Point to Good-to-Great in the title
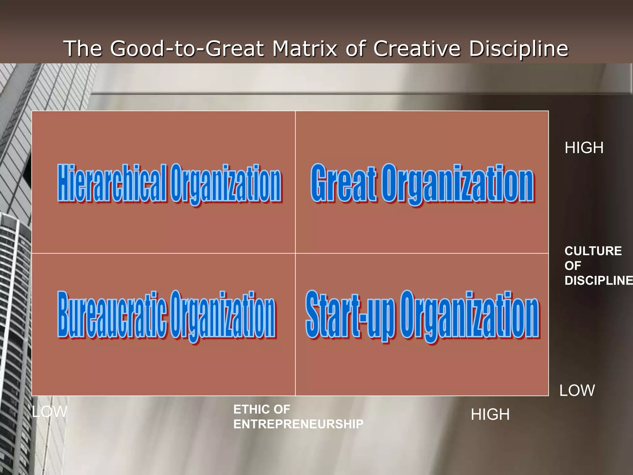coord(187,49)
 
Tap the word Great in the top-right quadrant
coord(343,183)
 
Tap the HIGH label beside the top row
coord(584,148)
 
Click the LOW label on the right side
coord(577,391)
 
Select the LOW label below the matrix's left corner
coord(49,412)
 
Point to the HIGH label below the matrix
coord(490,414)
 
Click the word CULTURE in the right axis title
coord(593,251)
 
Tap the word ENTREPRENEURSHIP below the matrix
coord(298,424)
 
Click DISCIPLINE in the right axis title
coord(598,280)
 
